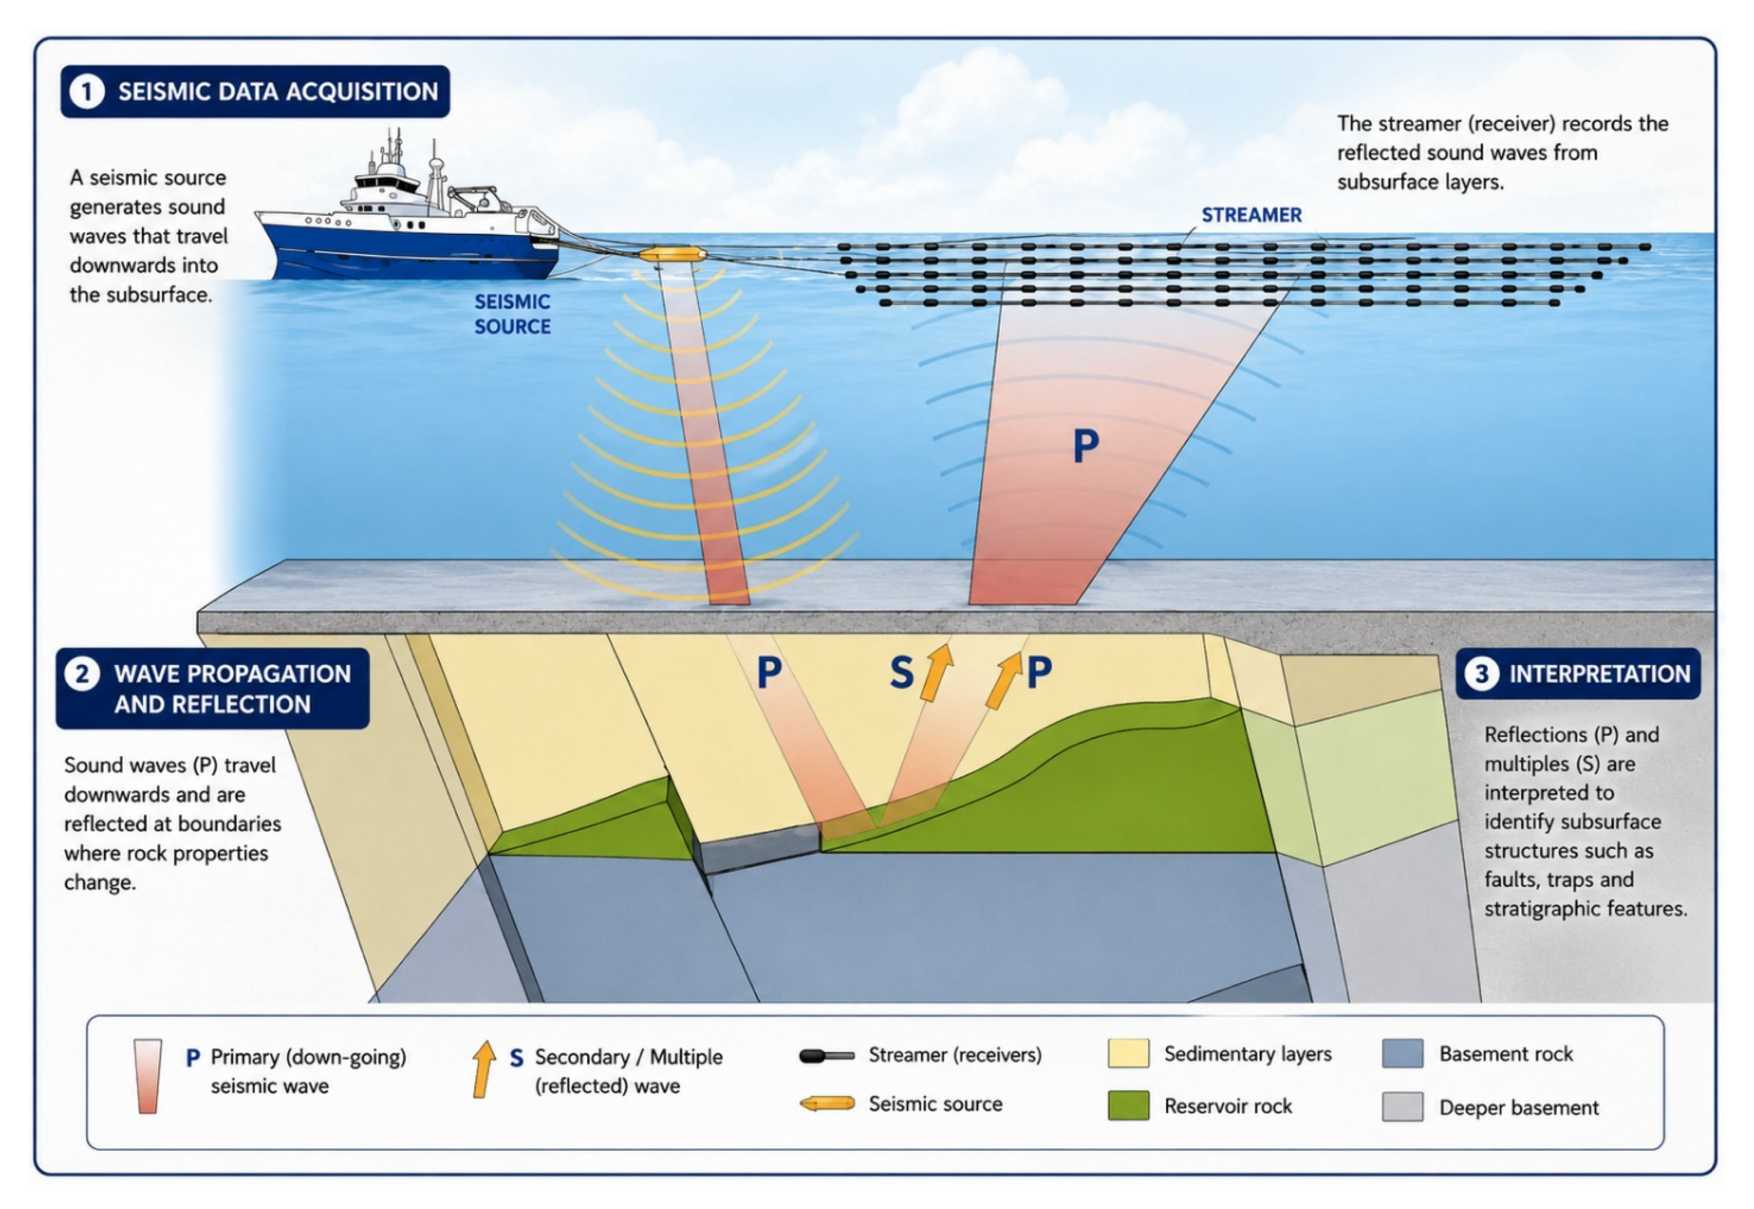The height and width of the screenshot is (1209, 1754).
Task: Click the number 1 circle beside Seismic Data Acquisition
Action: [87, 92]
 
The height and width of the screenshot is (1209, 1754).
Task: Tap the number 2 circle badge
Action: [82, 674]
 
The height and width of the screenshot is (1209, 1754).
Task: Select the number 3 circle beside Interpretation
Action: [1482, 674]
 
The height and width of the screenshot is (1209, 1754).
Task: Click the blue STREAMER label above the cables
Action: [1251, 215]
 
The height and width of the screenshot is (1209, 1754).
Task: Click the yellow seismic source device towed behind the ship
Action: [672, 254]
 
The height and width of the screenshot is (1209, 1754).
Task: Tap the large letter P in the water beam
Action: [1085, 445]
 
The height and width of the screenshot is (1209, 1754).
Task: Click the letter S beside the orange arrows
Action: [901, 672]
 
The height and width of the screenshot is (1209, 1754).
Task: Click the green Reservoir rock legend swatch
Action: [1127, 1105]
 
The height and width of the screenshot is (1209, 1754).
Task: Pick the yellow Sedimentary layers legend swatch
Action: [1127, 1053]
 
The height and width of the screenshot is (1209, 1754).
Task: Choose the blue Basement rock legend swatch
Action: [1402, 1053]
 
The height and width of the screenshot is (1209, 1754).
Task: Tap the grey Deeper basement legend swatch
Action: [1402, 1107]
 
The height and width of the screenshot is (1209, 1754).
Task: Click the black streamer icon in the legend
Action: [827, 1055]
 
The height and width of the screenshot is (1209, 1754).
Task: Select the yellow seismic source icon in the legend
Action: [827, 1104]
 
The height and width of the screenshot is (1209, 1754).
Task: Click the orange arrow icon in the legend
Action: [483, 1069]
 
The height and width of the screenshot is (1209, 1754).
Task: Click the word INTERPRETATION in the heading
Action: [1599, 674]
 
